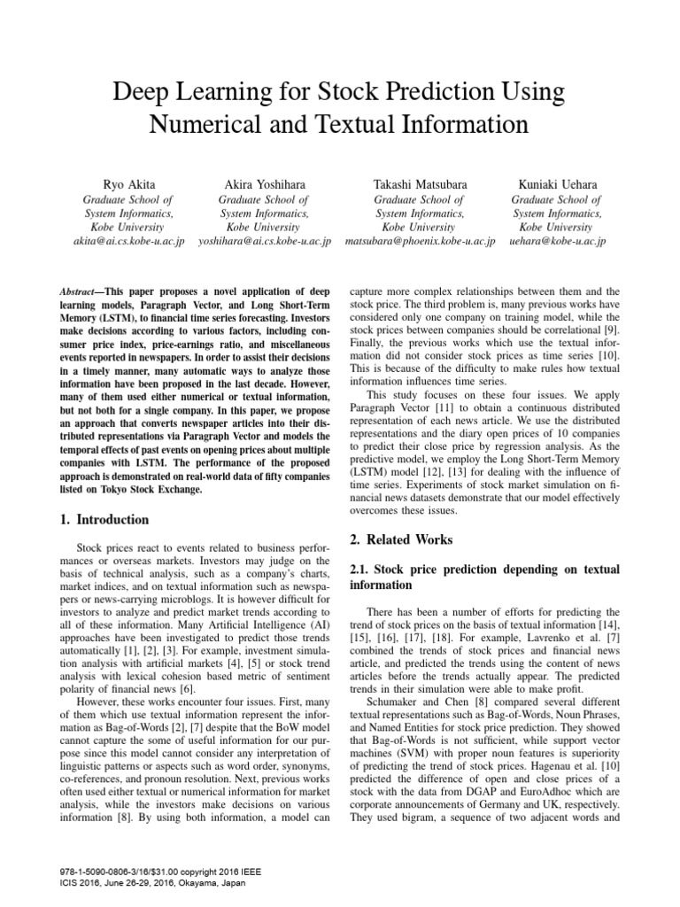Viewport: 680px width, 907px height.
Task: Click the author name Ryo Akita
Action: [128, 183]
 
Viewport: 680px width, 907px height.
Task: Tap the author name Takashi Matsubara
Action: [420, 183]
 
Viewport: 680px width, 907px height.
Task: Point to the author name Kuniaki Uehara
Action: [557, 183]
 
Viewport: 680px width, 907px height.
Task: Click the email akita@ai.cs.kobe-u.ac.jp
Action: [128, 240]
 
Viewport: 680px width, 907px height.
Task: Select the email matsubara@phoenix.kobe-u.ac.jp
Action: [420, 240]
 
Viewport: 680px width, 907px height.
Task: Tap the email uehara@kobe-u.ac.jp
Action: [557, 240]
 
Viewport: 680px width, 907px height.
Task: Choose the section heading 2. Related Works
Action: [401, 539]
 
